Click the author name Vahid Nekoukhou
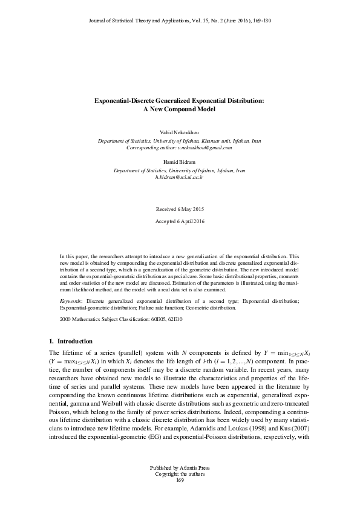(180, 131)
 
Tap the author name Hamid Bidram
(180, 163)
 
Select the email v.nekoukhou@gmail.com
(202, 147)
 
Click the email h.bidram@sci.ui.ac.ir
(180, 178)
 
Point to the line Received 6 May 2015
(180, 209)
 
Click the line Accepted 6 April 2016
(180, 221)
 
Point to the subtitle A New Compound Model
(180, 110)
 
